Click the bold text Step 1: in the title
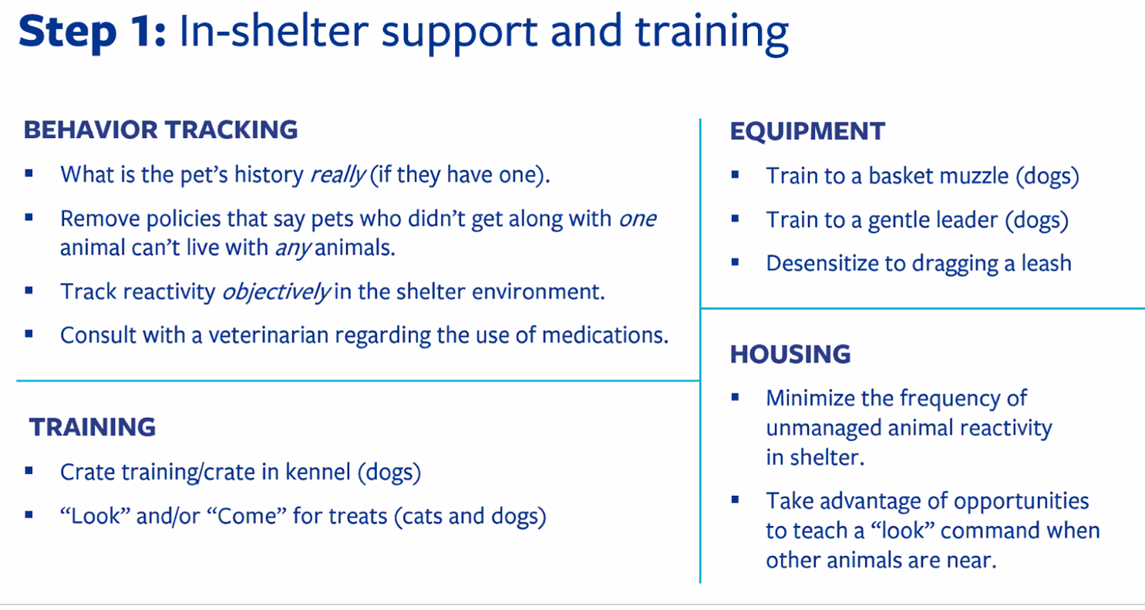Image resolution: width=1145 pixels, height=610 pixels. click(93, 32)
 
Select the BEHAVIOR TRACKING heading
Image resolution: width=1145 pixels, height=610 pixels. click(160, 130)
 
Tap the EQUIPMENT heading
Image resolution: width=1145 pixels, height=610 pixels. click(807, 131)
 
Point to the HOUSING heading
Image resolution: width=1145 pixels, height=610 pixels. click(790, 354)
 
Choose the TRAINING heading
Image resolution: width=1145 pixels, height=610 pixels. click(93, 427)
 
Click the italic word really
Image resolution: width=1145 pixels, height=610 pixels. click(338, 175)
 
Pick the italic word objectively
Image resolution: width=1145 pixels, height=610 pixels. click(277, 292)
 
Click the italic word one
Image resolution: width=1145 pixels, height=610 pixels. click(638, 219)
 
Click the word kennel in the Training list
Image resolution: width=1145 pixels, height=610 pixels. click(318, 472)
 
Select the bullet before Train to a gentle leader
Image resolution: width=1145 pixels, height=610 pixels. click(735, 219)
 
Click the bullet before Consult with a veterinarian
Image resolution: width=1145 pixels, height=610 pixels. click(29, 334)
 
